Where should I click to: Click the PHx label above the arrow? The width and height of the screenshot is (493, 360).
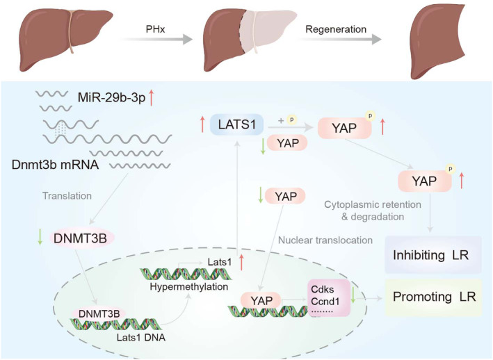click(155, 29)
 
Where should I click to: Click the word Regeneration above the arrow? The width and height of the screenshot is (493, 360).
click(336, 29)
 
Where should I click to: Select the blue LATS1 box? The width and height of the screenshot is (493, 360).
click(236, 124)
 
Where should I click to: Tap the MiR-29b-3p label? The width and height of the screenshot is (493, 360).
click(112, 98)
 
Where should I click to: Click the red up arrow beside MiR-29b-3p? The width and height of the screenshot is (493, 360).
click(152, 97)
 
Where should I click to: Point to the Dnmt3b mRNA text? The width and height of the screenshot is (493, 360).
click(56, 165)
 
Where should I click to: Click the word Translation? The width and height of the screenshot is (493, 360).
click(67, 196)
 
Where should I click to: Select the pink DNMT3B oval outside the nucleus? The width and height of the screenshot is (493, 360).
click(81, 238)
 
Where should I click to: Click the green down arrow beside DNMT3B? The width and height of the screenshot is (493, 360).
click(40, 238)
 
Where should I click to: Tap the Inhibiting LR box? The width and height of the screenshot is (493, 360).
click(433, 255)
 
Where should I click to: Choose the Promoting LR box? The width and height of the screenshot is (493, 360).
click(434, 297)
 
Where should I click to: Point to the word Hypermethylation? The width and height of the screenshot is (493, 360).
click(189, 287)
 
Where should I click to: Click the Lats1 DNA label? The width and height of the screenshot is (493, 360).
click(141, 338)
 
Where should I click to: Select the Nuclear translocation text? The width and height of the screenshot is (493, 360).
click(325, 240)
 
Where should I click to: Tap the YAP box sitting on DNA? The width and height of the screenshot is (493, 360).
click(261, 301)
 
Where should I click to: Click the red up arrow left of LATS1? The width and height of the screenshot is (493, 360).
click(203, 124)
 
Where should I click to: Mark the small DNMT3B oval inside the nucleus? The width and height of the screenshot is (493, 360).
click(99, 314)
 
